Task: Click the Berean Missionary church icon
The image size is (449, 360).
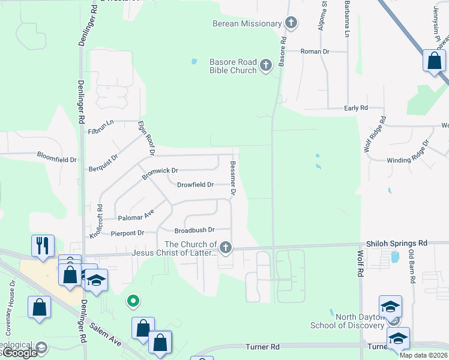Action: click(x=291, y=23)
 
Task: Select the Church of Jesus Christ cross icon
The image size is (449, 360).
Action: click(x=226, y=247)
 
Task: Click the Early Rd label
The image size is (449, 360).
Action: click(x=355, y=108)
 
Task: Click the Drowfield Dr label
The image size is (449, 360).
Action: click(x=195, y=185)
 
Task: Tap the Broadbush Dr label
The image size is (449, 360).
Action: click(x=194, y=230)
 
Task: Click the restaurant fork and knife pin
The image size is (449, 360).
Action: click(x=43, y=245)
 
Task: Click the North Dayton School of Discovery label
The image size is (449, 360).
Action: click(x=346, y=321)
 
